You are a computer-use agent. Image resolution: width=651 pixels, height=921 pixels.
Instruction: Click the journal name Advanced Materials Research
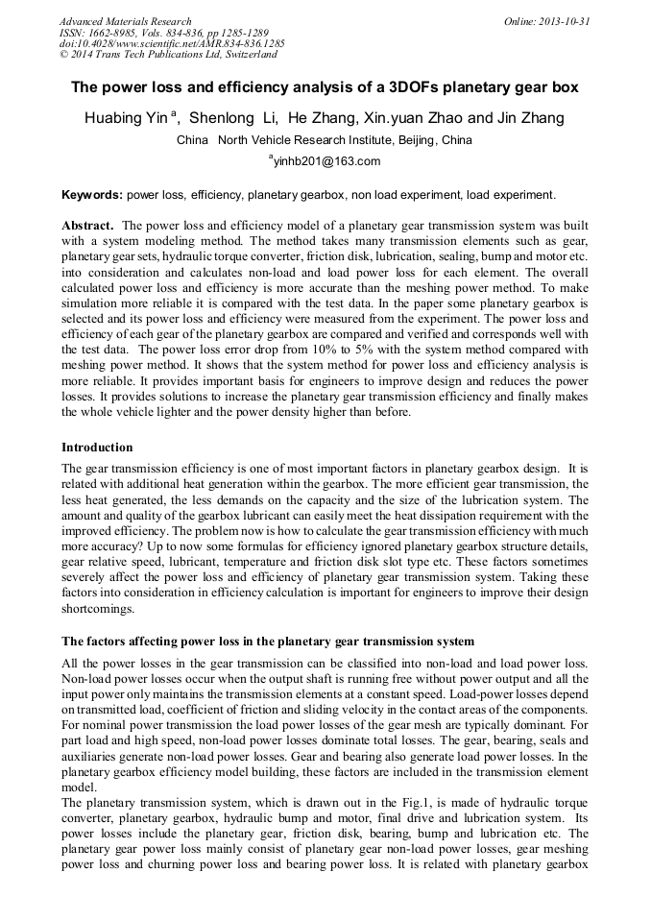125,21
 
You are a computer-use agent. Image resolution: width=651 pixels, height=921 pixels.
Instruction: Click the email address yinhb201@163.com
326,161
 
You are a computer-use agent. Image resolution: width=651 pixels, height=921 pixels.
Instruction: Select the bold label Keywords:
92,194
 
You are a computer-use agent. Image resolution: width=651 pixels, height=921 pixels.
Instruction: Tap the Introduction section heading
97,447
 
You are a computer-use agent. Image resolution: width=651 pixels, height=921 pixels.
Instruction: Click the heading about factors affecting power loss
267,641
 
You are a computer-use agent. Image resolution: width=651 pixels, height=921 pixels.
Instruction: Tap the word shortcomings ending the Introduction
98,608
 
